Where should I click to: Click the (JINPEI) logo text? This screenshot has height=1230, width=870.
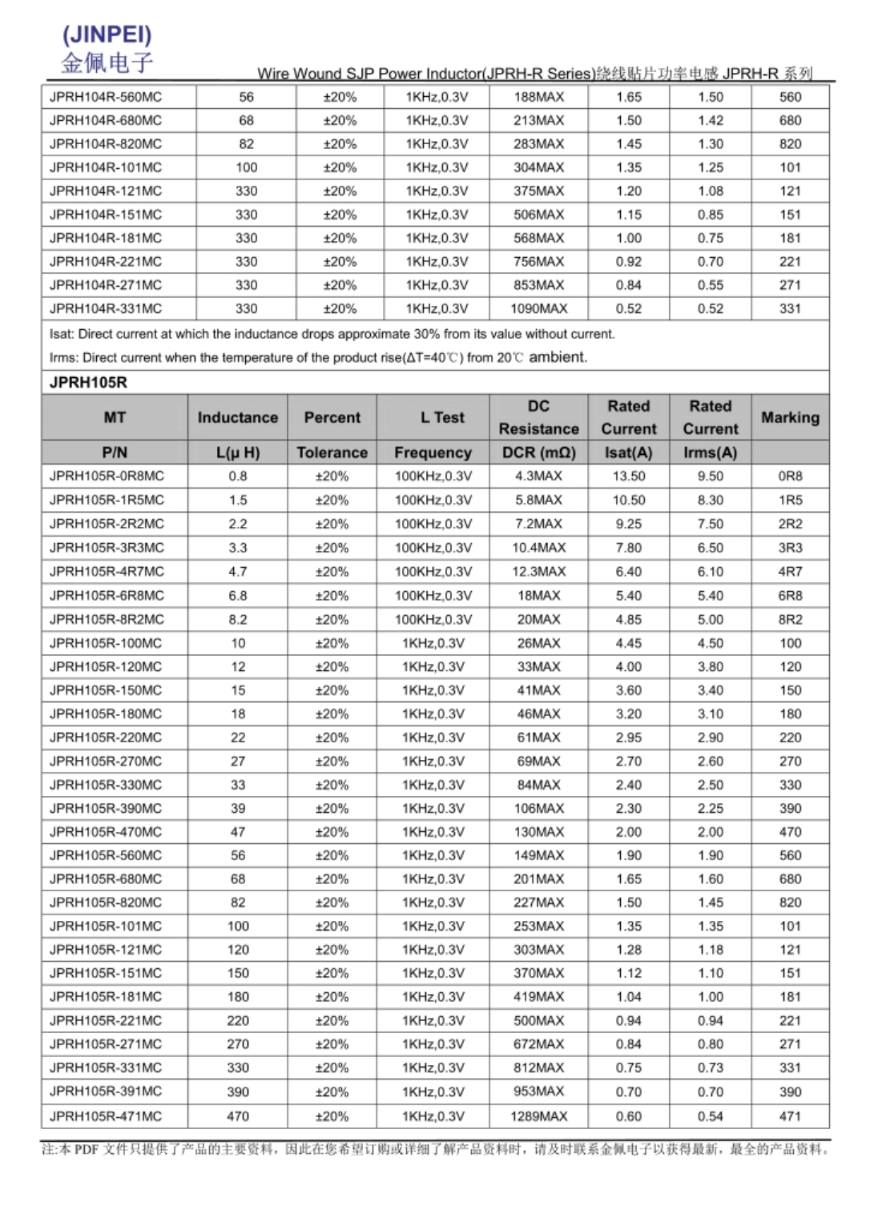coord(107,34)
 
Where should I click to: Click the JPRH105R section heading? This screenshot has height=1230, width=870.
coord(88,382)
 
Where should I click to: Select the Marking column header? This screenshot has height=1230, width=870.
coord(790,417)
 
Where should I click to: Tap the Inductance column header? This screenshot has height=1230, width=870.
coord(238,417)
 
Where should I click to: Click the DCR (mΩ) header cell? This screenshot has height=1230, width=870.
coord(538,452)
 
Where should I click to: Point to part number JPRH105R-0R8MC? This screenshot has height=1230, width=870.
coord(107,476)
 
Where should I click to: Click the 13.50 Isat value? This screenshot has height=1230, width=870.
coord(629,476)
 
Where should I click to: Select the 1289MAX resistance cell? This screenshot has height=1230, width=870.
coord(538,1115)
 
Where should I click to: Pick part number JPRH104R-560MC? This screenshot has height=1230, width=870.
coord(106,97)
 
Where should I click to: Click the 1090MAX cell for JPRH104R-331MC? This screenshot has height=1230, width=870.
coord(538,308)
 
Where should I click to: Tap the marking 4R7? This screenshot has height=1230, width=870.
coord(790,571)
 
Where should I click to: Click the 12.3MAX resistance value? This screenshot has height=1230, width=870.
coord(538,571)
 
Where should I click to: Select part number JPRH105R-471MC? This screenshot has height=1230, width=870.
coord(106,1115)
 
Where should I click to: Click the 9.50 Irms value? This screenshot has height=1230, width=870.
coord(710,476)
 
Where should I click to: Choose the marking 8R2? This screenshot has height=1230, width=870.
coord(790,619)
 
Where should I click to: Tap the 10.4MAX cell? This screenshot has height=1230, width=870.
coord(538,548)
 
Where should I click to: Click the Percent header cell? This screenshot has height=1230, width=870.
coord(332,417)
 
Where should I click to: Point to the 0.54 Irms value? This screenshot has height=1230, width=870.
coord(710,1115)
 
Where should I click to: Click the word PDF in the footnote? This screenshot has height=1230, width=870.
coord(87,1149)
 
